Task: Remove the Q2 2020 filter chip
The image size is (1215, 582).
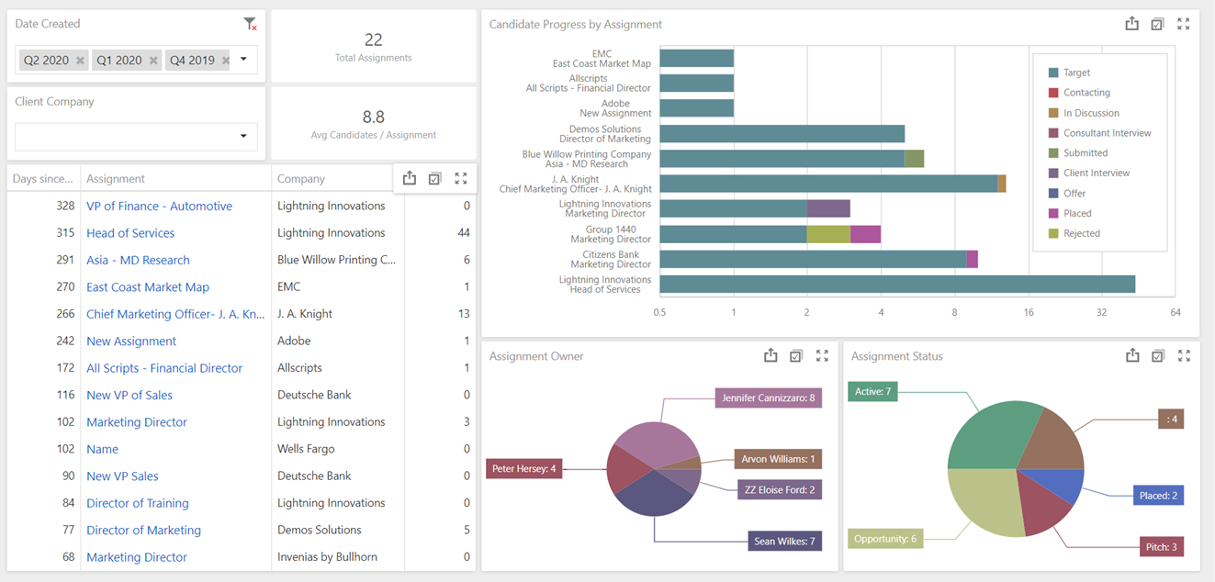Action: [80, 61]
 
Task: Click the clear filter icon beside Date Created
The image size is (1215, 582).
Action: [250, 24]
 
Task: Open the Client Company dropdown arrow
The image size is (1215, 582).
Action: [243, 137]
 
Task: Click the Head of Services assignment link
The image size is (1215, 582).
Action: [130, 233]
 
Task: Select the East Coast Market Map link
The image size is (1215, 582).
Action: [148, 287]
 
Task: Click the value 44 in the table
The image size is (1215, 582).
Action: [463, 233]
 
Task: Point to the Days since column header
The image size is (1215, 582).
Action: [43, 179]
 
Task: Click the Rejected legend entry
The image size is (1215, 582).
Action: [1081, 233]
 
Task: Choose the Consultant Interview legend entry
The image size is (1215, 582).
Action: [1106, 133]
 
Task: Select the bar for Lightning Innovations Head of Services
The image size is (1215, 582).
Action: [896, 285]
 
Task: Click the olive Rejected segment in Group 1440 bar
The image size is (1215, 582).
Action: [828, 234]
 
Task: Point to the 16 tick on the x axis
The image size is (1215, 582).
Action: [1028, 312]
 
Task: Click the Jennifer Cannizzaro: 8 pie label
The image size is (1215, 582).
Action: [768, 397]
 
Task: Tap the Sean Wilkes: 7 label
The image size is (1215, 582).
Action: [784, 541]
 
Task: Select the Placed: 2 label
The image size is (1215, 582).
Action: [1157, 495]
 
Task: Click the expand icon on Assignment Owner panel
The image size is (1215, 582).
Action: [822, 356]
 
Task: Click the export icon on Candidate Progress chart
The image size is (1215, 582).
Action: [1131, 25]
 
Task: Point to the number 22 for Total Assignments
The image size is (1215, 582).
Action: [373, 39]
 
